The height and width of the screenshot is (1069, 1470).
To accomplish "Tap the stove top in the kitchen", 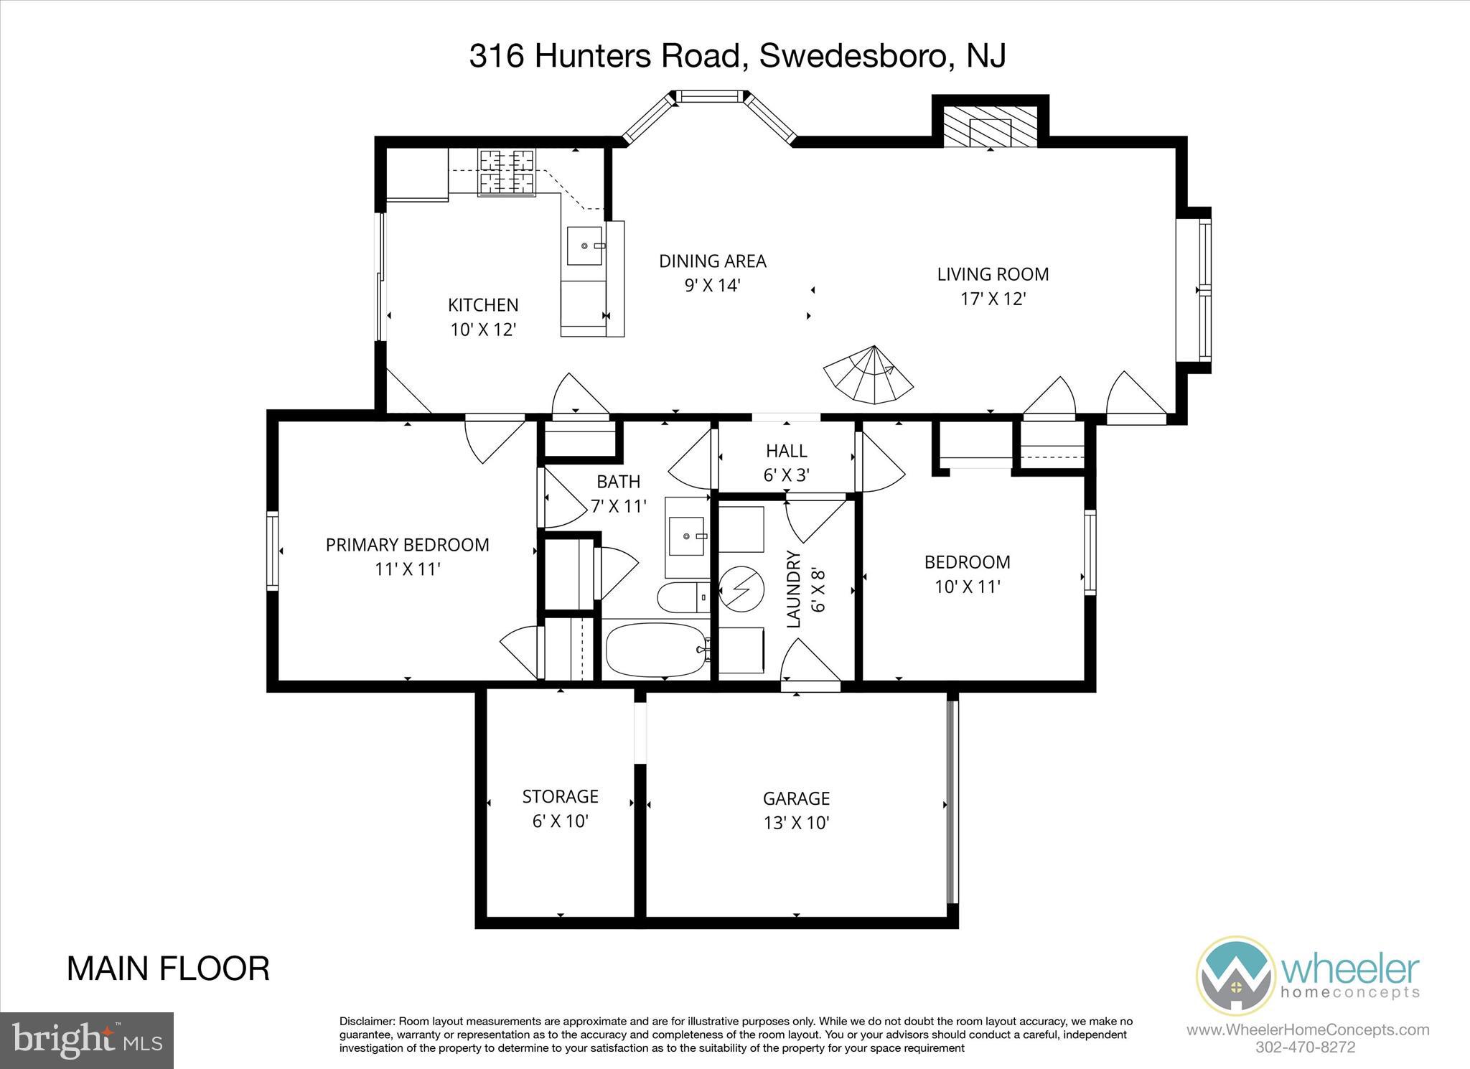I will (x=507, y=172).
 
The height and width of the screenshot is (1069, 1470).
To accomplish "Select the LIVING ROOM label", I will (x=993, y=274).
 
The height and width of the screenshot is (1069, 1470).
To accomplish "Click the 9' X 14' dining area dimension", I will (x=712, y=286).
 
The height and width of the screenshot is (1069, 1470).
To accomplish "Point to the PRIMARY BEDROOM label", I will (x=407, y=545).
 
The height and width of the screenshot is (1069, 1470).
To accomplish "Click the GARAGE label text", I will (x=796, y=798).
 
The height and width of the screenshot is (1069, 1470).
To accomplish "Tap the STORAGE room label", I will (x=560, y=796).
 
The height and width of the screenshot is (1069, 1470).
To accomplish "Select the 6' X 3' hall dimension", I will (x=787, y=475).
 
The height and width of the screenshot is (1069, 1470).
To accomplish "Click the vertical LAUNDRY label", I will (x=794, y=589).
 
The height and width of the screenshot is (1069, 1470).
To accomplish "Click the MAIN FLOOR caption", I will (x=168, y=968).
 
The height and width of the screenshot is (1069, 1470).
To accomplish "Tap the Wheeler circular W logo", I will (x=1235, y=975).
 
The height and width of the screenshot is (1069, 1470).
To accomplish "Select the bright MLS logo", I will (x=87, y=1040).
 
